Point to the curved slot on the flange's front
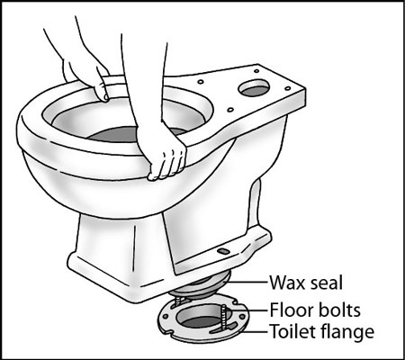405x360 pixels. click(216, 340)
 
